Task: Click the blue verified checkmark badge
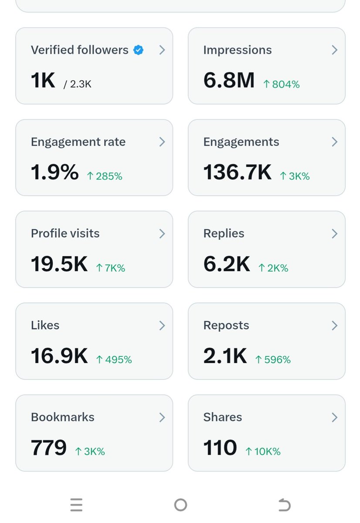(139, 50)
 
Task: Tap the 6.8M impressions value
(229, 80)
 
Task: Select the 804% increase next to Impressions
(282, 85)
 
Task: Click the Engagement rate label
(78, 142)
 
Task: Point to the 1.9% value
(54, 173)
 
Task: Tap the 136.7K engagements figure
(237, 173)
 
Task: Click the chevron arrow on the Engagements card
(334, 142)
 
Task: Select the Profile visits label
(65, 234)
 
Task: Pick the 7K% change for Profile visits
(110, 268)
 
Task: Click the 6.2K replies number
(227, 264)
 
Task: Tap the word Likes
(45, 325)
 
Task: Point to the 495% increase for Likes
(114, 360)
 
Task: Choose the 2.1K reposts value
(225, 356)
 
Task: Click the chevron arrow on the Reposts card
(334, 325)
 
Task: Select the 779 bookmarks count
(48, 448)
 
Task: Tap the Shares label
(222, 417)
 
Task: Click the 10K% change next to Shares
(263, 452)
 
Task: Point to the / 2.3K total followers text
(78, 85)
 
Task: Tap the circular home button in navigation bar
(180, 505)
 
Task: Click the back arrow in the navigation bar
(284, 505)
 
